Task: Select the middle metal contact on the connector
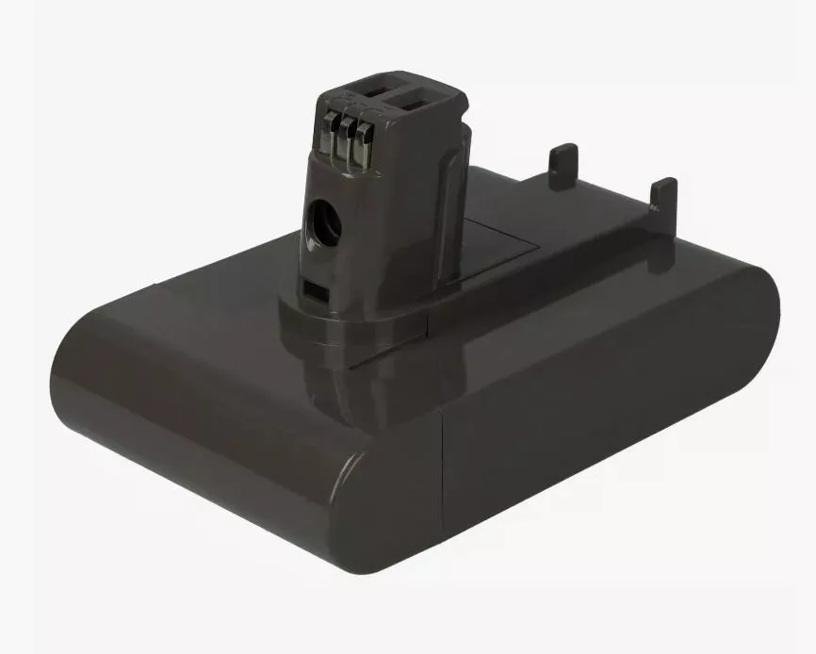tap(350, 141)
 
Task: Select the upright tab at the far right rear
tap(663, 194)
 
